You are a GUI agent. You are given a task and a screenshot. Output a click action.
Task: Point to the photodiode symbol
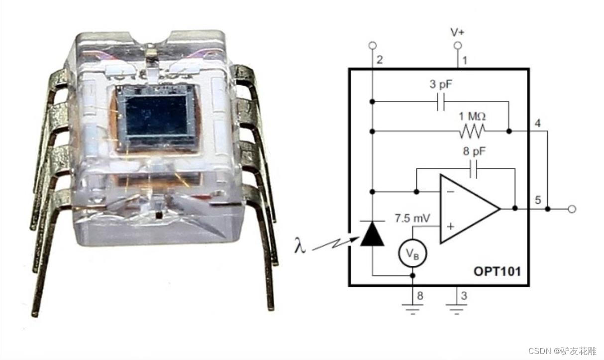pos(372,234)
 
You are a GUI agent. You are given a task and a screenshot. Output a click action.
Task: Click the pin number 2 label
pos(380,60)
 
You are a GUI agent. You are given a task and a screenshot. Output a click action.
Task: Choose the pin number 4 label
pos(538,123)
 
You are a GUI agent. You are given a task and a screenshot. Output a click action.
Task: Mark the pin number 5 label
pos(537,200)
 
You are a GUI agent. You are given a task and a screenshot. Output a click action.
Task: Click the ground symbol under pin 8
pos(412,309)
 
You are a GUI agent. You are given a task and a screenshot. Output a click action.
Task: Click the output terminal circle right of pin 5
pos(572,209)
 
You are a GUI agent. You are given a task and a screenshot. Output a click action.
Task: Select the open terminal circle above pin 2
pos(372,46)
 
